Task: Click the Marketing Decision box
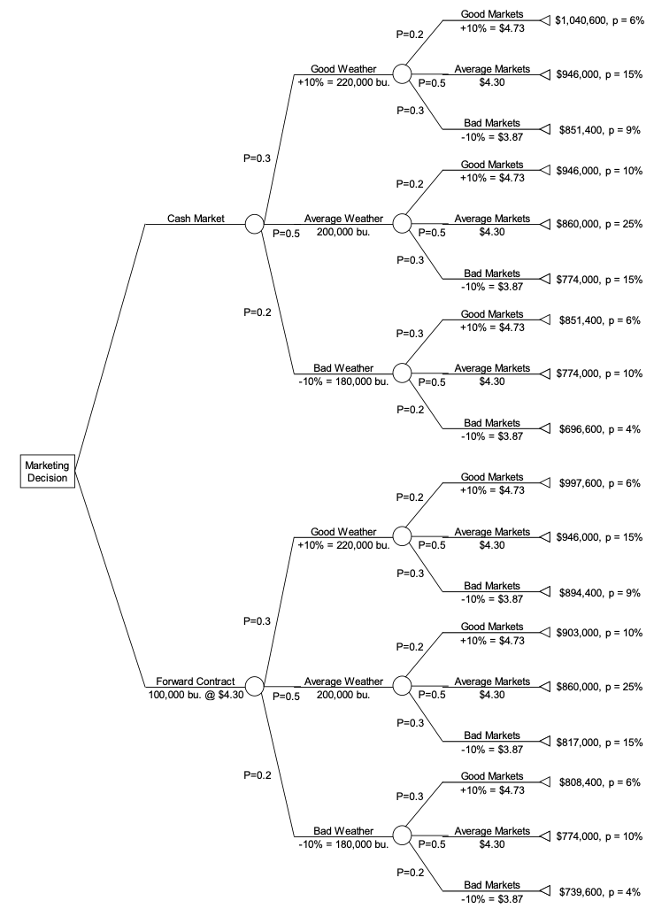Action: pos(46,472)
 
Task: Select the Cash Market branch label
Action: pos(195,218)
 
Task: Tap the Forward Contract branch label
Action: pos(196,681)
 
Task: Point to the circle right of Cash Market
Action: pos(254,224)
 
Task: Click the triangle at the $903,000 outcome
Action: pos(544,633)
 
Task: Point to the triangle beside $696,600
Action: pos(544,428)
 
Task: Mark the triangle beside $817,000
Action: pos(544,742)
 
